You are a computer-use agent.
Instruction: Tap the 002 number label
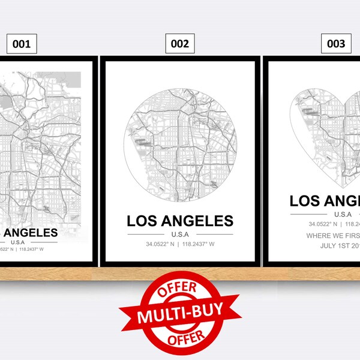coord(179,43)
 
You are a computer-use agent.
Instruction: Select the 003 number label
coord(335,43)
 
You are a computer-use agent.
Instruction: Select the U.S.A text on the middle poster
coord(179,234)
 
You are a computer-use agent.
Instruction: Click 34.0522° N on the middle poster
coord(161,244)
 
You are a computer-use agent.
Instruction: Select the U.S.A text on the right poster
coord(343,214)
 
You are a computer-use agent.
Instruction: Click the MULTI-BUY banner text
coord(179,314)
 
